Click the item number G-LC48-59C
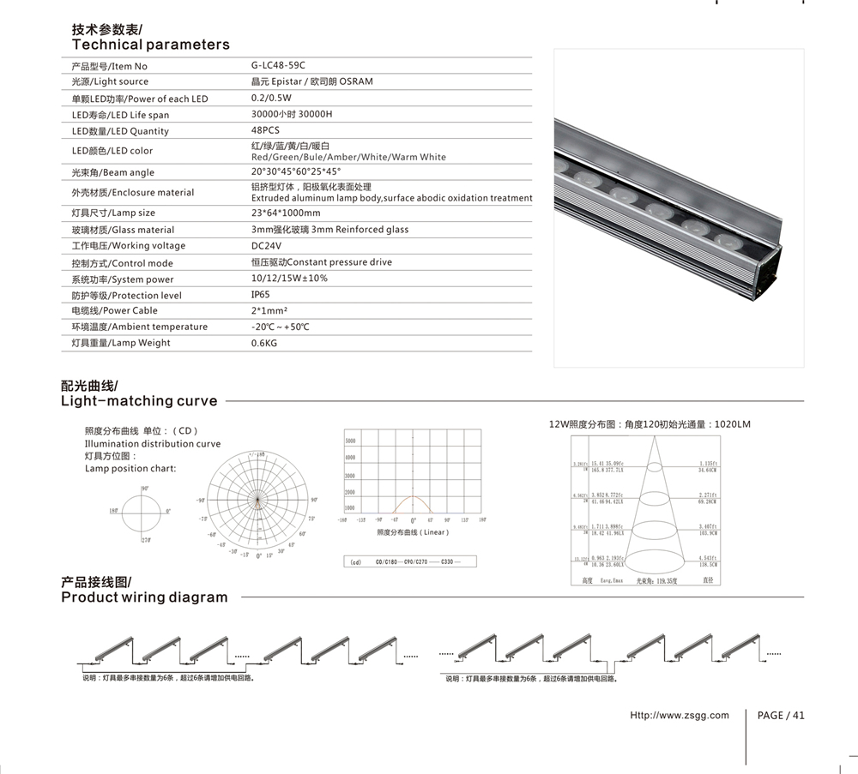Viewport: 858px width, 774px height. pyautogui.click(x=278, y=65)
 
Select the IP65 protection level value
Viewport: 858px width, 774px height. pyautogui.click(x=260, y=295)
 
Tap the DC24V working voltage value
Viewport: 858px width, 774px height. pyautogui.click(x=266, y=245)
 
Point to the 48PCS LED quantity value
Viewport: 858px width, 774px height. pyautogui.click(x=265, y=130)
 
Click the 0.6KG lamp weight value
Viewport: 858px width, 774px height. pyautogui.click(x=264, y=343)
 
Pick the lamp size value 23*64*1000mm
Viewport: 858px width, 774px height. pyautogui.click(x=286, y=213)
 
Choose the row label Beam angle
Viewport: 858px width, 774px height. pyautogui.click(x=113, y=172)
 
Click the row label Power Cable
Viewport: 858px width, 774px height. pyautogui.click(x=115, y=310)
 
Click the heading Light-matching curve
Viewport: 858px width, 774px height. pyautogui.click(x=139, y=400)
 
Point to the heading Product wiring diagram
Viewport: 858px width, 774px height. pyautogui.click(x=144, y=597)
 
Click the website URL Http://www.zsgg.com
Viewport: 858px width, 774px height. pyautogui.click(x=679, y=715)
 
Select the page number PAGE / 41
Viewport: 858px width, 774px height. pyautogui.click(x=781, y=715)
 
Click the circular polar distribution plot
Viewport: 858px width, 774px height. pyautogui.click(x=258, y=499)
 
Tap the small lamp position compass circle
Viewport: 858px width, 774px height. pyautogui.click(x=140, y=512)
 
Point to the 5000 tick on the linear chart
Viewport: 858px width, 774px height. pyautogui.click(x=350, y=441)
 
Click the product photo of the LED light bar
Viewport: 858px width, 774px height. pyautogui.click(x=678, y=208)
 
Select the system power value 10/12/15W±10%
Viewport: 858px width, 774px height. pyautogui.click(x=289, y=279)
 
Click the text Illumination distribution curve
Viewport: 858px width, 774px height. pyautogui.click(x=153, y=444)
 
